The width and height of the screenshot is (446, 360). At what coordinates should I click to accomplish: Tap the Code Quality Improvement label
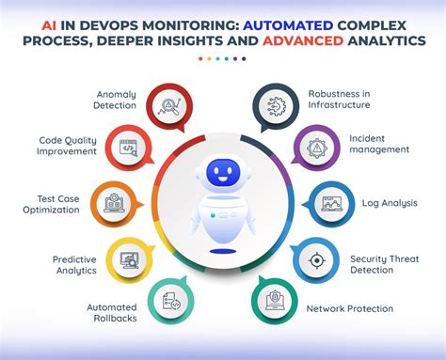coord(72,145)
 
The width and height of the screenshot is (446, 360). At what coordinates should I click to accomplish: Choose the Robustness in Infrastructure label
coord(342,100)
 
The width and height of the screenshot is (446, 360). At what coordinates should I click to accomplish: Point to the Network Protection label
coord(350,308)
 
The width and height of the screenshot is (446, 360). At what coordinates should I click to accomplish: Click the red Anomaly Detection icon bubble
coord(171,106)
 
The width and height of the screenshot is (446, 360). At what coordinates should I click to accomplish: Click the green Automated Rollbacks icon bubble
coord(171,301)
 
